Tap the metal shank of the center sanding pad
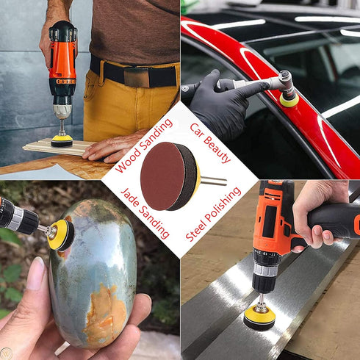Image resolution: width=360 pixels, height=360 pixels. [x=215, y=181]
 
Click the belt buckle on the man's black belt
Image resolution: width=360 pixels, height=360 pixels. [x=140, y=76]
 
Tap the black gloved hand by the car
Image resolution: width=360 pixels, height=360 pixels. [x=220, y=103]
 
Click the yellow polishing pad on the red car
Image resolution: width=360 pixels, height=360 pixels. [x=289, y=99]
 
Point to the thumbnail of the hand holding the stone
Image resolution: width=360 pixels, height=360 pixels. [x=35, y=273]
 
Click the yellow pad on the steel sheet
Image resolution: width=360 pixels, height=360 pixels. [x=259, y=317]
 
